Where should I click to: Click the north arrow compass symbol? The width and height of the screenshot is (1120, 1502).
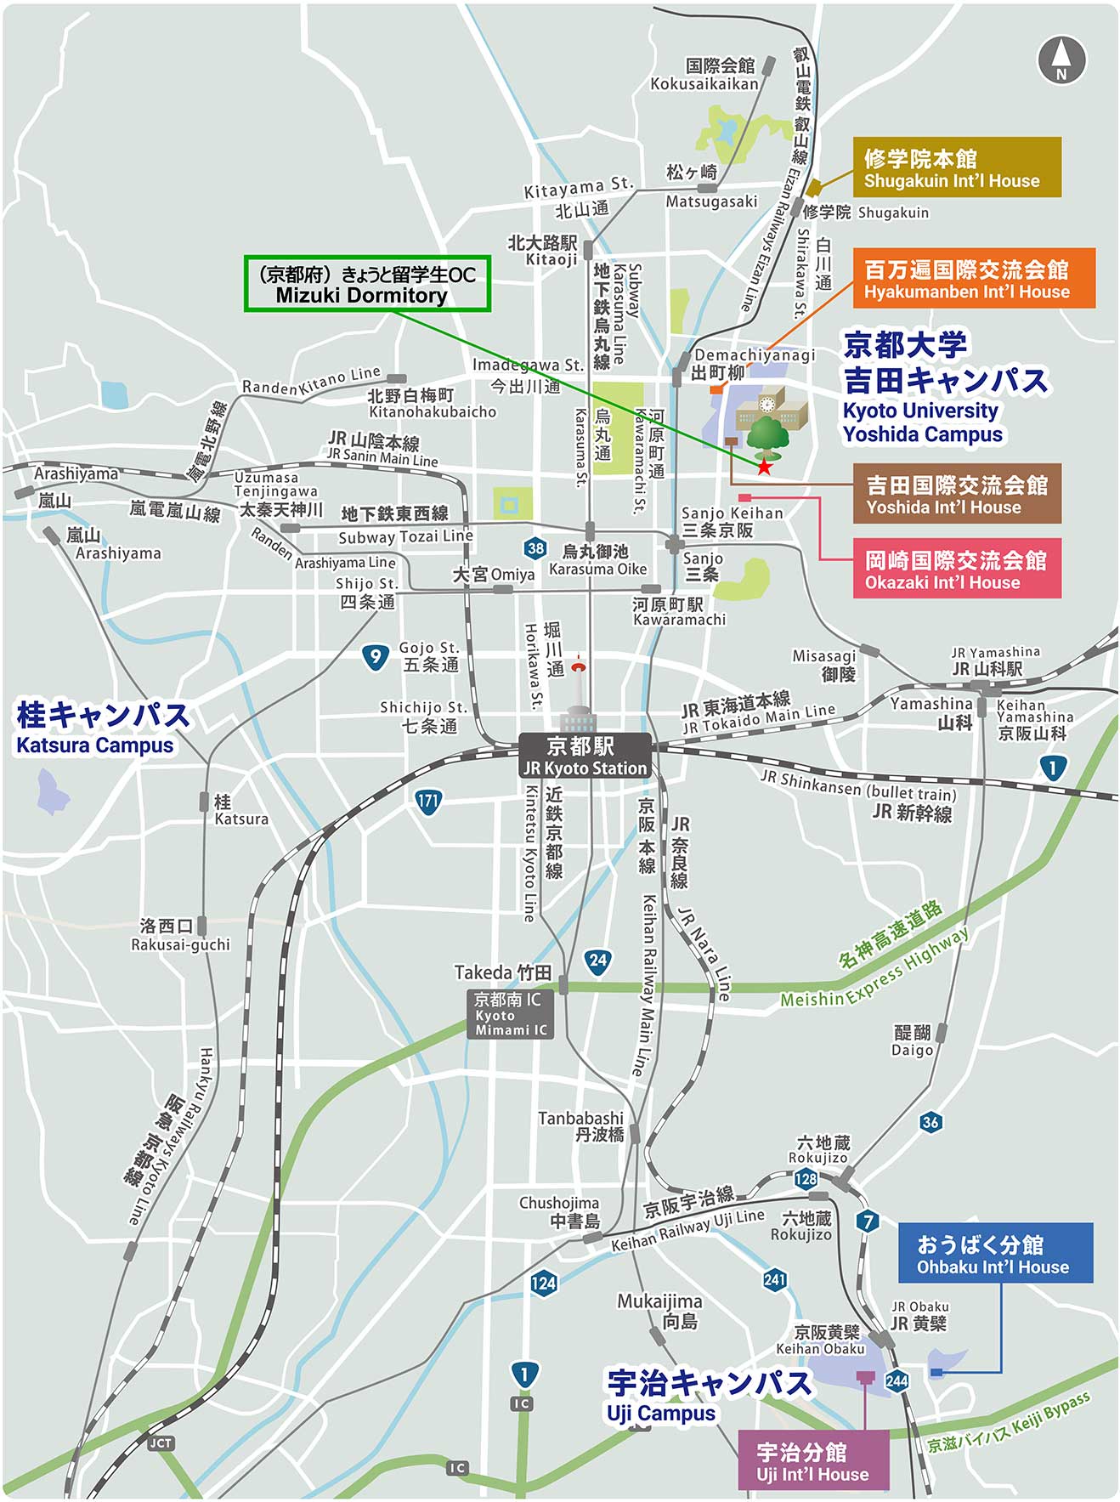(x=1061, y=59)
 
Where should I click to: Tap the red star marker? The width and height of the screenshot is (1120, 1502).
(x=765, y=466)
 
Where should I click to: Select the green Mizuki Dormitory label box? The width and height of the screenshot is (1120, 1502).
(x=367, y=284)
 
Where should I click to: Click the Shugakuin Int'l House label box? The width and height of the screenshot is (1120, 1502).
(x=957, y=167)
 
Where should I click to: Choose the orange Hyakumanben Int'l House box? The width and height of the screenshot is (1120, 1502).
(x=973, y=279)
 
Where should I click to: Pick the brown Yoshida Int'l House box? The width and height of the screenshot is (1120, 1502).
(x=957, y=494)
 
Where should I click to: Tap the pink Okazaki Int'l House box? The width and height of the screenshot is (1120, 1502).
(x=957, y=570)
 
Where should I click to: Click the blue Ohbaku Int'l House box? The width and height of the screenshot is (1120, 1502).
(x=995, y=1253)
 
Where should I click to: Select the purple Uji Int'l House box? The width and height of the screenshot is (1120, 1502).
(x=812, y=1460)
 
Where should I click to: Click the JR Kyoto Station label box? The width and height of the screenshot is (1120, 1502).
(x=585, y=756)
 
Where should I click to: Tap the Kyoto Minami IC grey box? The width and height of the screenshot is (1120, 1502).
(x=510, y=1013)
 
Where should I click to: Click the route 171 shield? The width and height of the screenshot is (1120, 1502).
(x=427, y=801)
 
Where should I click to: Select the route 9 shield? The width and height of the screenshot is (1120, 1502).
(x=375, y=656)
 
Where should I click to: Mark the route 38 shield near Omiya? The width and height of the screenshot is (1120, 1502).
(x=535, y=548)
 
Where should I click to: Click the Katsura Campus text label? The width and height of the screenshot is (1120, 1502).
(x=102, y=728)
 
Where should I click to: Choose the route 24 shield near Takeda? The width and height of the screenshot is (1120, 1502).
(x=598, y=961)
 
